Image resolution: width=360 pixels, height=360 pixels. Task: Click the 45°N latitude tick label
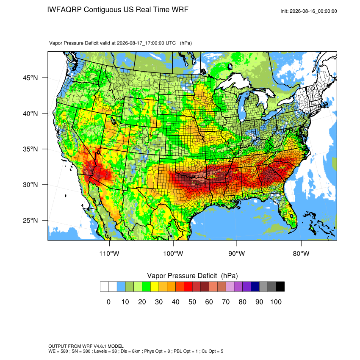pyautogui.click(x=30, y=78)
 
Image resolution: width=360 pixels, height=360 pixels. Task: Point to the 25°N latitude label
pyautogui.click(x=30, y=220)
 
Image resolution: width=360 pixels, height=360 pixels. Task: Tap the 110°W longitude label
pyautogui.click(x=109, y=253)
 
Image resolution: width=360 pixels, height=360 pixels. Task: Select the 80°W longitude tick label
pyautogui.click(x=301, y=253)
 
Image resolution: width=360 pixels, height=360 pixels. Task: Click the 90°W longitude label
pyautogui.click(x=236, y=253)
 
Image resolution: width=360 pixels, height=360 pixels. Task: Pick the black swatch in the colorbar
pyautogui.click(x=280, y=287)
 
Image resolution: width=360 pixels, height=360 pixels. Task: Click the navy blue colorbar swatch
pyautogui.click(x=255, y=287)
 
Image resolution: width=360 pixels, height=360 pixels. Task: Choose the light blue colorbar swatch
pyautogui.click(x=121, y=287)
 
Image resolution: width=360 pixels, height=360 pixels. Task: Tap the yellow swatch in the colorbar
pyautogui.click(x=155, y=287)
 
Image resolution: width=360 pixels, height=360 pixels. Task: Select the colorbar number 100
pyautogui.click(x=276, y=302)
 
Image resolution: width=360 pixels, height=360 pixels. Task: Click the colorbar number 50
pyautogui.click(x=192, y=302)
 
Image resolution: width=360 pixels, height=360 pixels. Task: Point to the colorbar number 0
pyautogui.click(x=108, y=302)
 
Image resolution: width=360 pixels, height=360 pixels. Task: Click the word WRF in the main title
pyautogui.click(x=180, y=10)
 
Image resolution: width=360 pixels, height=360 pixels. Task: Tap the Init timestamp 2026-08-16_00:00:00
pyautogui.click(x=313, y=11)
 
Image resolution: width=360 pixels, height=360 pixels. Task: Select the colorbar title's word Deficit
pyautogui.click(x=208, y=276)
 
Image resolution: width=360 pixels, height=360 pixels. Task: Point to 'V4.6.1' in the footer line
pyautogui.click(x=99, y=346)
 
